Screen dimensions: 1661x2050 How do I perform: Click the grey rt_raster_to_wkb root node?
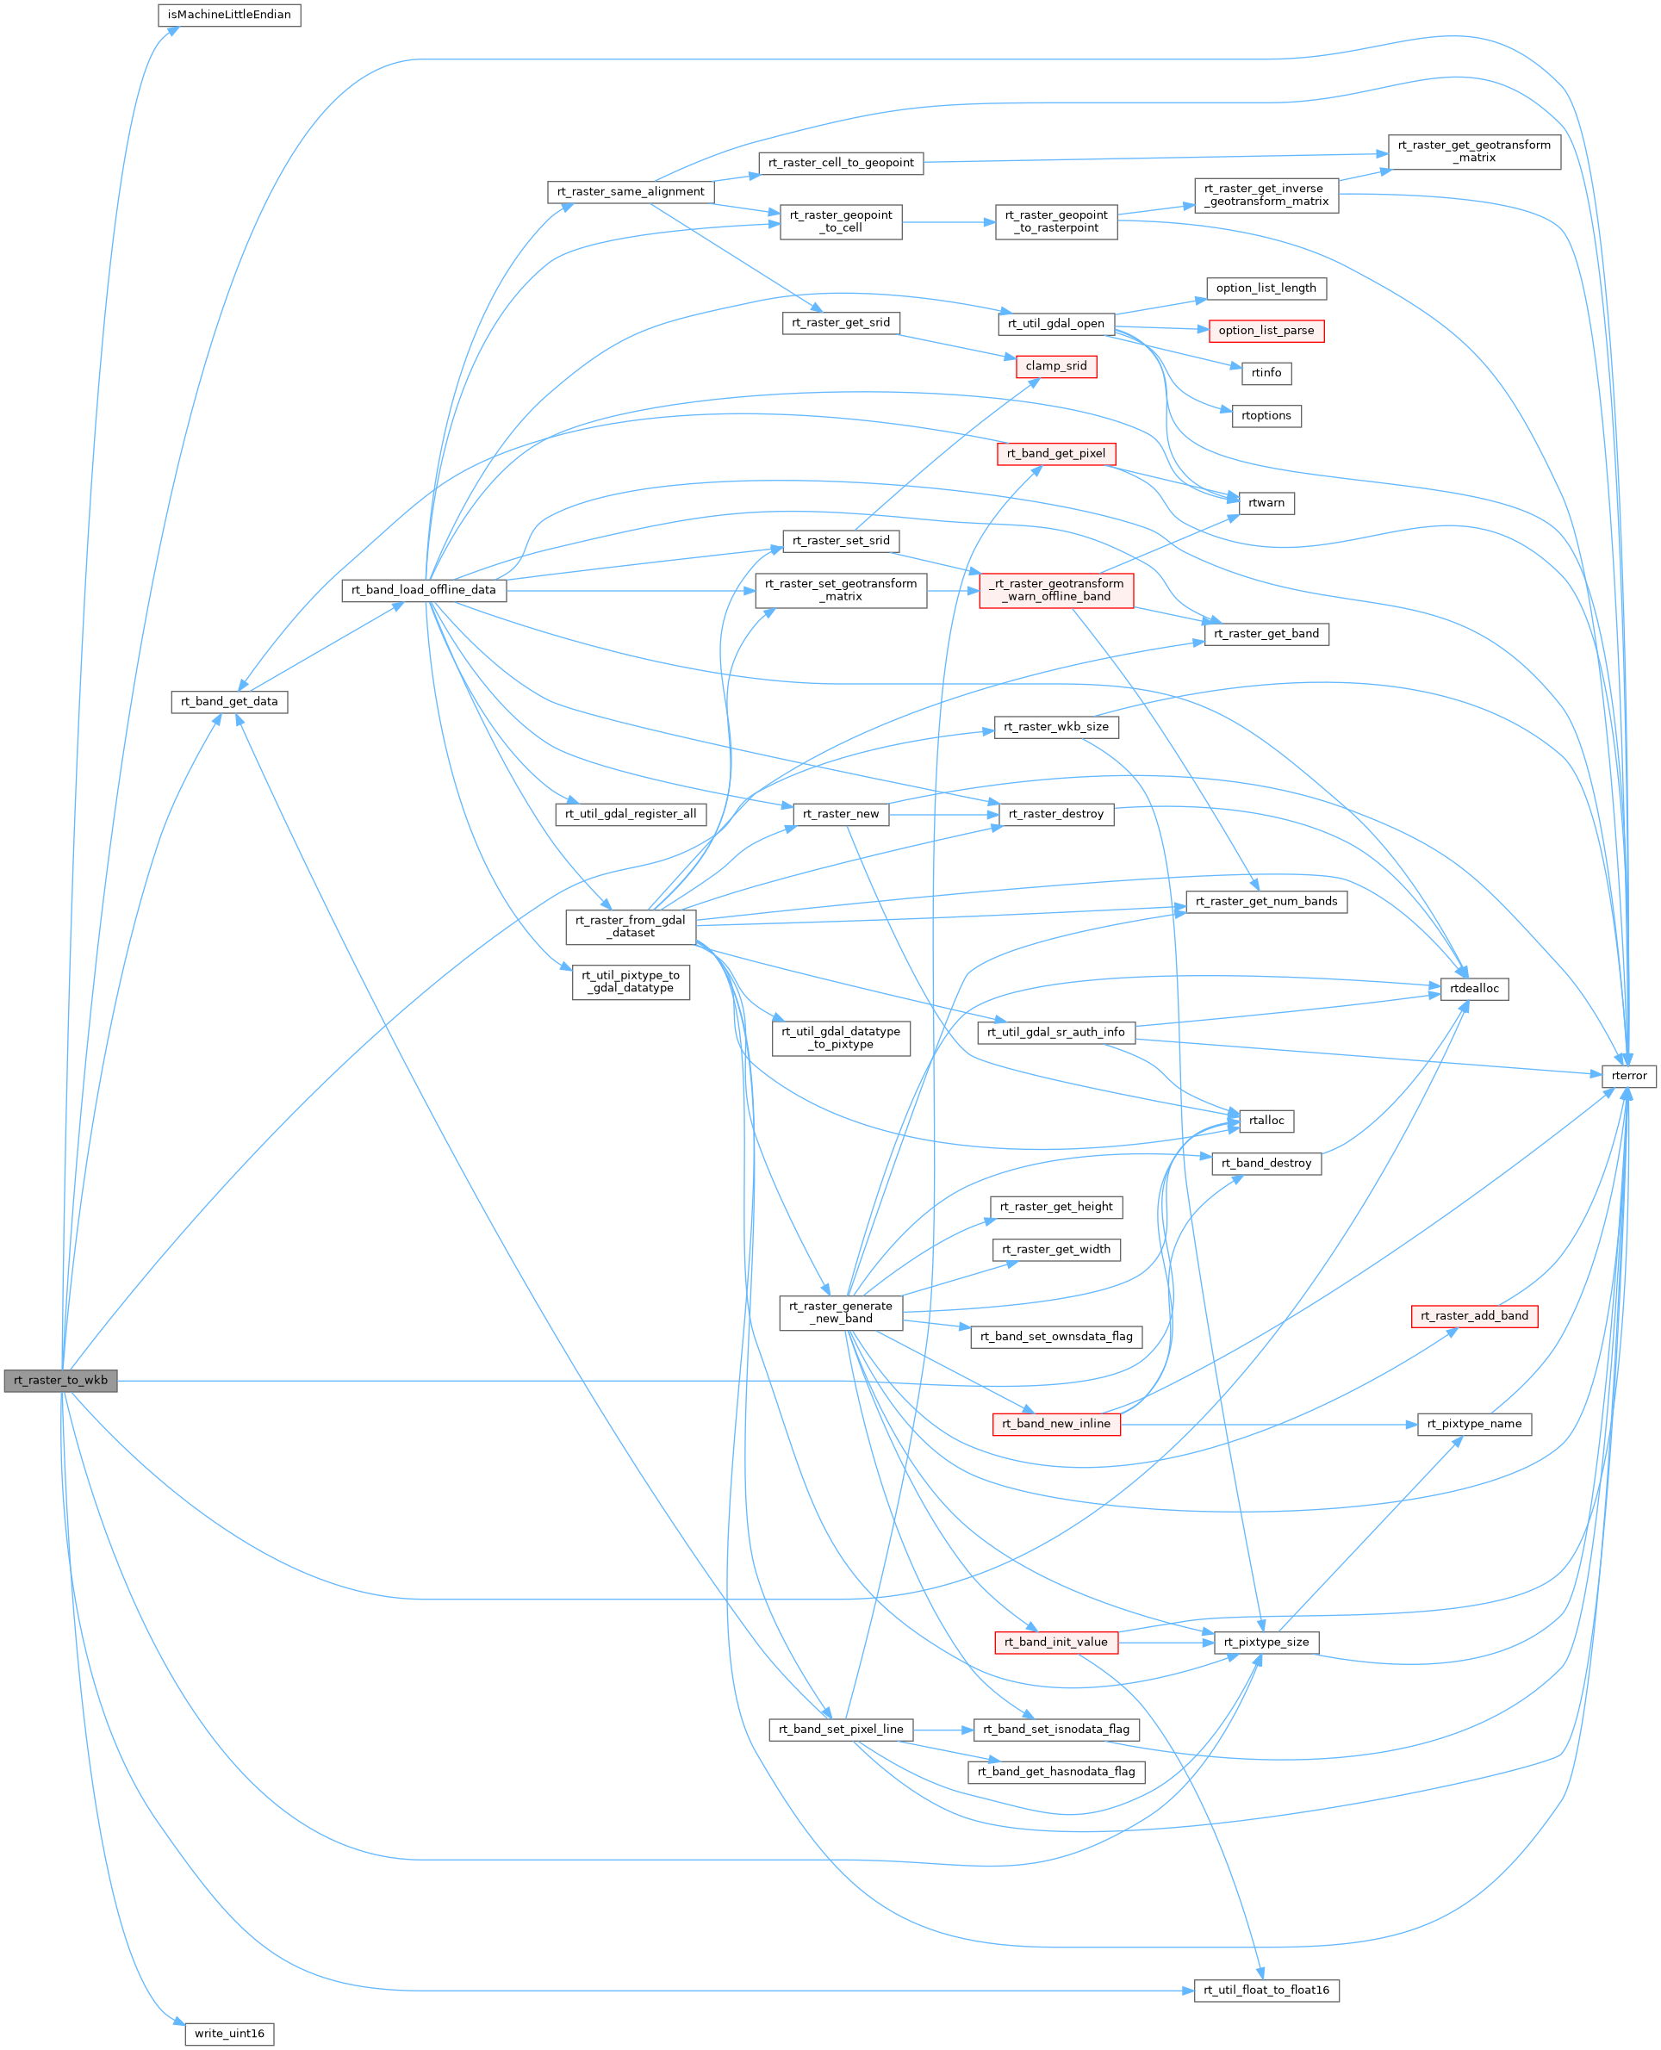(61, 1381)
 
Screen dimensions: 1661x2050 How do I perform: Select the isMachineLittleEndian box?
(230, 16)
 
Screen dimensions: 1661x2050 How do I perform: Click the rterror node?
(1629, 1076)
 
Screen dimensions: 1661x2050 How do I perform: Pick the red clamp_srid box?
(1056, 366)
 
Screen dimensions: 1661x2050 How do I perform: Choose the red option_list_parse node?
(1266, 331)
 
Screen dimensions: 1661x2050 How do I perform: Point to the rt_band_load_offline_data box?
(424, 590)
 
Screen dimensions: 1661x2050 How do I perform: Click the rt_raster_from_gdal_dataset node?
(631, 926)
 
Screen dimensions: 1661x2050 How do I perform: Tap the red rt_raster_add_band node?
(1474, 1316)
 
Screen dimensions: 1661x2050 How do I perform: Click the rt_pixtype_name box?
(1474, 1425)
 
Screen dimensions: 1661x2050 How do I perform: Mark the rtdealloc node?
(1474, 989)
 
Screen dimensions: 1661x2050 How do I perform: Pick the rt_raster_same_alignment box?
(631, 192)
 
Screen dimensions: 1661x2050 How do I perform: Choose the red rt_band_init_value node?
(1056, 1643)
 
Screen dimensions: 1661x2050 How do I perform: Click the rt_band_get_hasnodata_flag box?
(1056, 1772)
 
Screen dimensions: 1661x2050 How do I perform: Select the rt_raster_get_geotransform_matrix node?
(1474, 152)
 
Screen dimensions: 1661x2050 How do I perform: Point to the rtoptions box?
(1266, 416)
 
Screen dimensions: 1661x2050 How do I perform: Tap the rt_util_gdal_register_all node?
(631, 814)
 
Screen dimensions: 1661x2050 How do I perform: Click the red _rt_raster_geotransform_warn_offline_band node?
(1056, 590)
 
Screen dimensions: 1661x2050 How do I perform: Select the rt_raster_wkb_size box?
(1056, 727)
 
